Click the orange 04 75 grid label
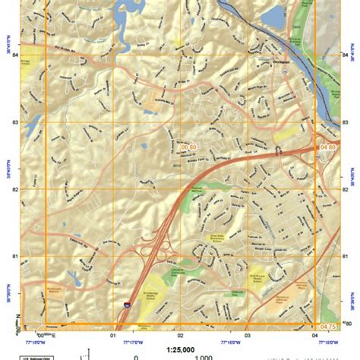327,327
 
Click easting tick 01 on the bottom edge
114,333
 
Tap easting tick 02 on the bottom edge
180,333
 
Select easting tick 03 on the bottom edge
247,333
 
